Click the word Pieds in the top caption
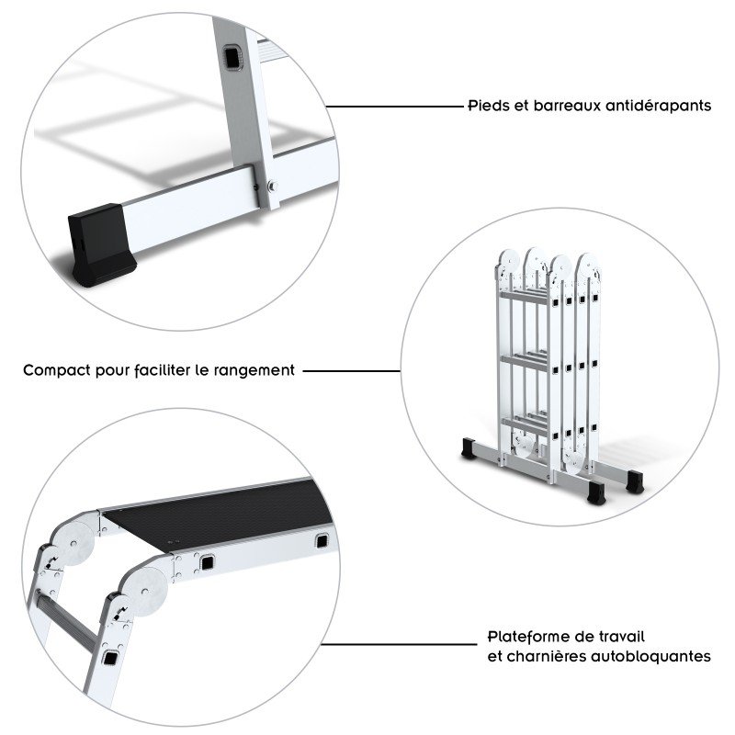pyautogui.click(x=486, y=106)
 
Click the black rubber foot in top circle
pyautogui.click(x=99, y=243)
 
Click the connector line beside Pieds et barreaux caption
pyautogui.click(x=395, y=107)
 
